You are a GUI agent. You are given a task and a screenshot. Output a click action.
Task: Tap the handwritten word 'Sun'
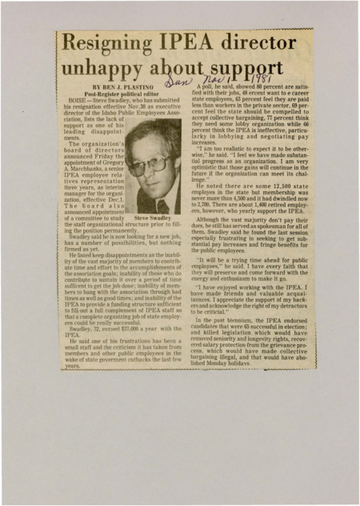[178, 83]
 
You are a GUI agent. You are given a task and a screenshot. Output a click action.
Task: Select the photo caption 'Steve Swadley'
[154, 217]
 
